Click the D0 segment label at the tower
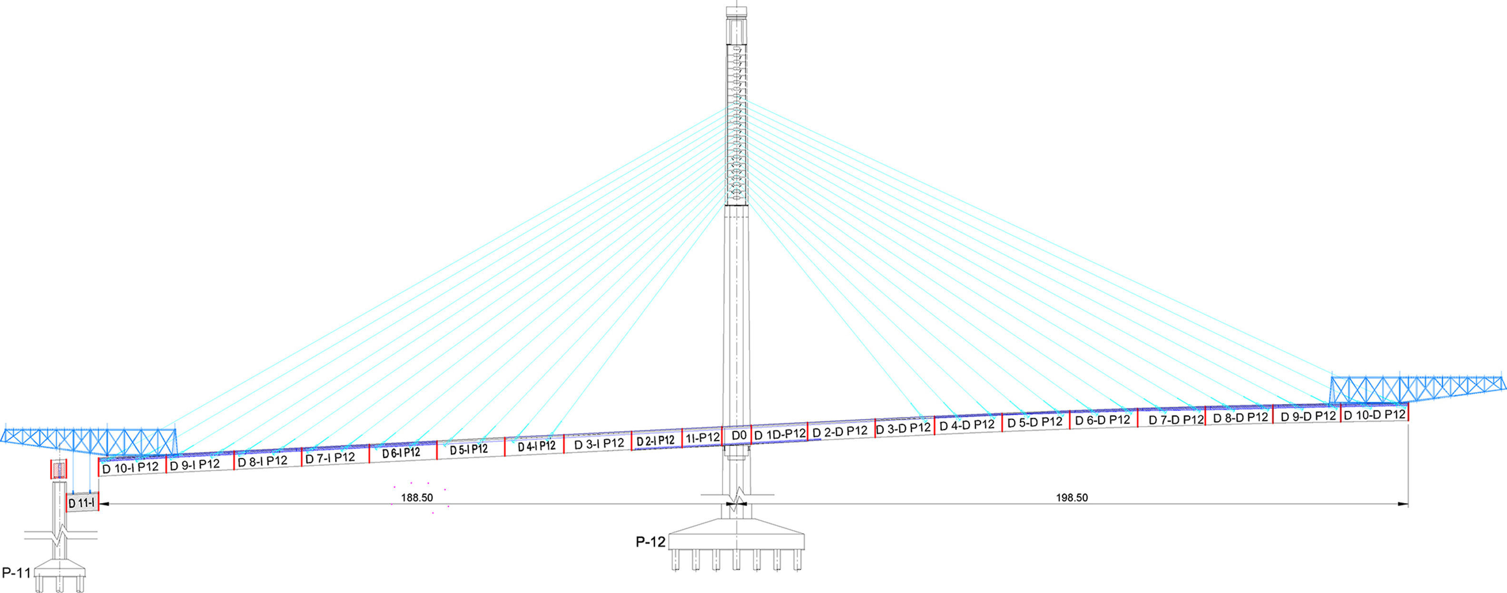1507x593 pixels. click(x=739, y=435)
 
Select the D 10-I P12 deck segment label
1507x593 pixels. click(x=130, y=468)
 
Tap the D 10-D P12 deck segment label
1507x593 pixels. click(x=1374, y=415)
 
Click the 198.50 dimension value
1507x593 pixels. click(x=1072, y=498)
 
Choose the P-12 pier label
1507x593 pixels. click(x=650, y=542)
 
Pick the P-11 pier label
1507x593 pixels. click(x=16, y=573)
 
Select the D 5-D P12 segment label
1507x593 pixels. click(x=1035, y=422)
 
